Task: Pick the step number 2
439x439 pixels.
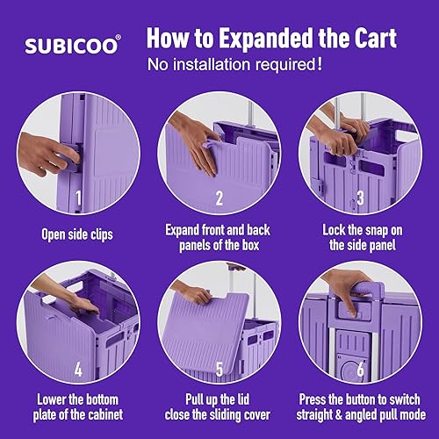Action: coord(219,198)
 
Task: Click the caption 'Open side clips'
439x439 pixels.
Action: coord(78,234)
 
